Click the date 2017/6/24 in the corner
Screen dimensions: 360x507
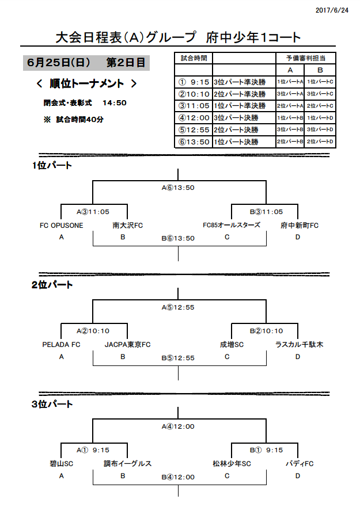[332, 10]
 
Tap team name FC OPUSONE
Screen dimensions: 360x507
[62, 226]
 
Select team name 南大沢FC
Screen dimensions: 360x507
[127, 226]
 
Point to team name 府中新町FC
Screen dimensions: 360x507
[300, 226]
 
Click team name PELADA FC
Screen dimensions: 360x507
[61, 345]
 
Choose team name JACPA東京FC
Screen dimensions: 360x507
[127, 345]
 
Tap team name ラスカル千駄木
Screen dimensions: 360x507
[299, 345]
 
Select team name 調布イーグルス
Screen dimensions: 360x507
[127, 464]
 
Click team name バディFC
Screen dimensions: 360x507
[300, 464]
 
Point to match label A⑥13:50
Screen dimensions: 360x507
[178, 188]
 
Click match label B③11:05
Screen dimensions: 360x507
[266, 212]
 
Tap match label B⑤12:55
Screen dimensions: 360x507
[178, 358]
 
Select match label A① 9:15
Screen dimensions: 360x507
[93, 450]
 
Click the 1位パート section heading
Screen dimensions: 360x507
[52, 166]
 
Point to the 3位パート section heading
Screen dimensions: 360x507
[52, 404]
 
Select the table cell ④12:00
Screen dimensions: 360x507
[194, 118]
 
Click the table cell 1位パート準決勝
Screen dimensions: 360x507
[240, 106]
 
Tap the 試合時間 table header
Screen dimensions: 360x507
[194, 58]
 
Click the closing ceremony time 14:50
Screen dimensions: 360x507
[115, 103]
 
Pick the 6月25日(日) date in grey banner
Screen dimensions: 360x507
[59, 62]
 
